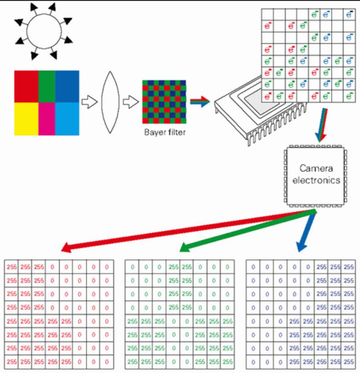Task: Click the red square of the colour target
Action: tap(26, 86)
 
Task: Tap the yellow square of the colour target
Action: tap(26, 119)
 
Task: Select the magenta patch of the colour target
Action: tap(47, 119)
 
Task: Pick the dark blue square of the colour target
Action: tap(67, 86)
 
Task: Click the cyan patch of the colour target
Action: tap(67, 119)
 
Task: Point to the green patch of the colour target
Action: tap(47, 86)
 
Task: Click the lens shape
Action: tap(110, 102)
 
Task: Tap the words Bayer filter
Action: tap(165, 132)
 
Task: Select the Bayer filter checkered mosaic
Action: tap(164, 102)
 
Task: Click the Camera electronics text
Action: tap(316, 174)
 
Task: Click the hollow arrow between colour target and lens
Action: tap(90, 102)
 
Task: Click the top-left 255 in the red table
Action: tap(12, 267)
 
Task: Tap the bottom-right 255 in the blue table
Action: tap(348, 362)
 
